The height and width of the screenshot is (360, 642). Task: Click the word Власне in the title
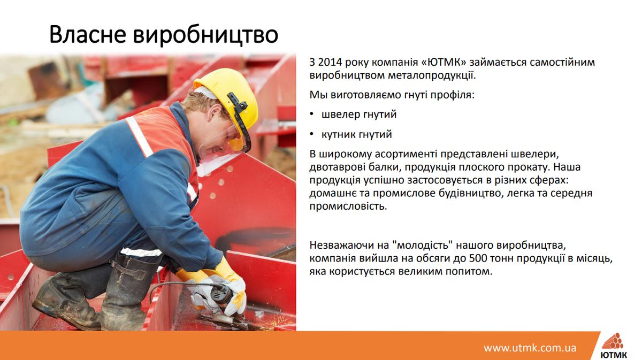(88, 34)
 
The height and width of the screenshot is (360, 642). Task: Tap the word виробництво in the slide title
(205, 35)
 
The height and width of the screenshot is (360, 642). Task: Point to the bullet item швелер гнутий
(359, 114)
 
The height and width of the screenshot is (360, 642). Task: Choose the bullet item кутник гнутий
(356, 134)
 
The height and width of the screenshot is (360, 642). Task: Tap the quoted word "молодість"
(423, 245)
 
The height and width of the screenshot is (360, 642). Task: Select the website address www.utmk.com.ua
(530, 348)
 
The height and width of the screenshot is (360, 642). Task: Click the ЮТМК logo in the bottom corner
(614, 346)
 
